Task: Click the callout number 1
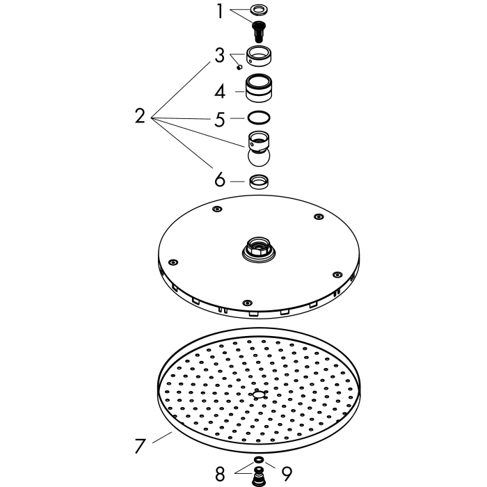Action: click(220, 12)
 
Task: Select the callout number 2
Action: click(140, 116)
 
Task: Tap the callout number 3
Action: click(220, 56)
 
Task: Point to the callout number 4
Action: click(220, 92)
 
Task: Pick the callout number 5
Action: click(220, 119)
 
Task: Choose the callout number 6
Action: click(220, 179)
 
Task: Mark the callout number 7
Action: click(140, 446)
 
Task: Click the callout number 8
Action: click(220, 474)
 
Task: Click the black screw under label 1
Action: click(258, 31)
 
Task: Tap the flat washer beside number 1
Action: click(259, 10)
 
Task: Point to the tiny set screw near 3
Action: click(239, 67)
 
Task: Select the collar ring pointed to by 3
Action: click(260, 56)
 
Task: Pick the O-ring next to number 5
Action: click(259, 118)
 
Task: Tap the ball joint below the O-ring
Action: click(259, 149)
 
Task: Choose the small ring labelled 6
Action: click(259, 182)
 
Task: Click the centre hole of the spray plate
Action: click(258, 394)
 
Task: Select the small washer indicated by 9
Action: click(258, 459)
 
